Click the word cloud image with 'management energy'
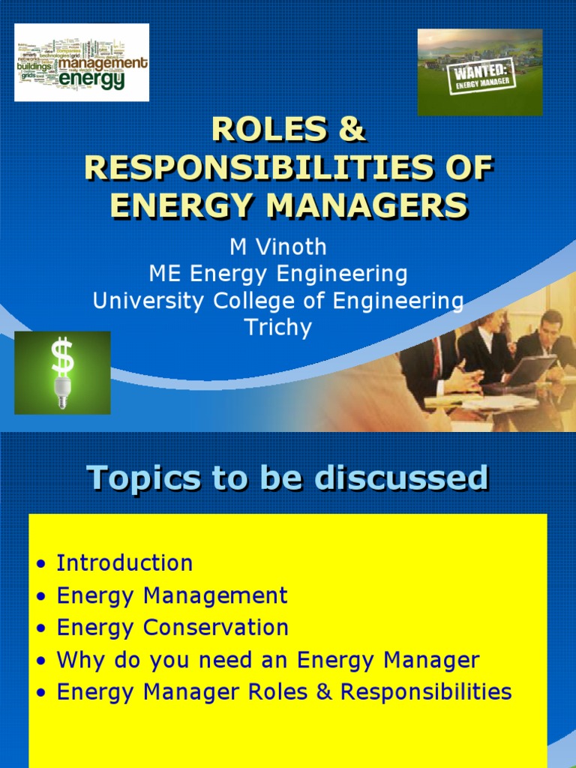(82, 62)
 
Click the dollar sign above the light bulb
(62, 356)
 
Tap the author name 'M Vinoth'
(277, 248)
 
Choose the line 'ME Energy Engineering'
(277, 274)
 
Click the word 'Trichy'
(277, 328)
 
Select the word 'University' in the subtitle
(150, 301)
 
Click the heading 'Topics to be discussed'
(288, 478)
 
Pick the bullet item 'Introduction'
(124, 563)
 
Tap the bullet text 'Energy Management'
(172, 595)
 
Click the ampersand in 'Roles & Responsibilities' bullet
(323, 691)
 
